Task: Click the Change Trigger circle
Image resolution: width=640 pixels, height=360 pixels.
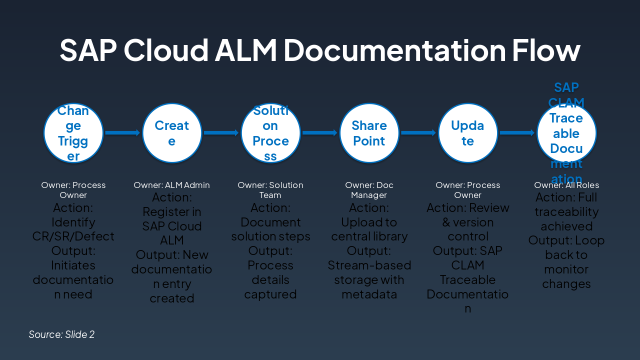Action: pyautogui.click(x=73, y=133)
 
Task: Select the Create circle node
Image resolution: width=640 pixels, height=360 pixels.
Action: pyautogui.click(x=172, y=133)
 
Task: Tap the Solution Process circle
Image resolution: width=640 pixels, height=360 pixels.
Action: pyautogui.click(x=270, y=133)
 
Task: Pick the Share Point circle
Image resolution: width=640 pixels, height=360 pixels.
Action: pyautogui.click(x=369, y=133)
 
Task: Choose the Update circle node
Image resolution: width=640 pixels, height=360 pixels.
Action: pyautogui.click(x=467, y=133)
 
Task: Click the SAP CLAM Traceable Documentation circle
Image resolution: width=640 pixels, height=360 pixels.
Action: pyautogui.click(x=566, y=133)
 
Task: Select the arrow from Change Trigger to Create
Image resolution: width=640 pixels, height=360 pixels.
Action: pyautogui.click(x=122, y=132)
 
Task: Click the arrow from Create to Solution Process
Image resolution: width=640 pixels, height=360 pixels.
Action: pyautogui.click(x=221, y=132)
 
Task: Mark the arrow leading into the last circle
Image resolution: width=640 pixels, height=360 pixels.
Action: pyautogui.click(x=517, y=132)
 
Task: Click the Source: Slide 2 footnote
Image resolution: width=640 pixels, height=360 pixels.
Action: pyautogui.click(x=61, y=334)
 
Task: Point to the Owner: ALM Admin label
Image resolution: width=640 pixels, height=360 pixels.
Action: pyautogui.click(x=171, y=185)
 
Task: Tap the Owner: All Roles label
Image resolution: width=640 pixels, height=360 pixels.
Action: pyautogui.click(x=566, y=185)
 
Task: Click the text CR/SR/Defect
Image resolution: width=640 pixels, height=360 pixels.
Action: pyautogui.click(x=73, y=236)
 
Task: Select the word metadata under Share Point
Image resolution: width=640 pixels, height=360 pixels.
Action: pyautogui.click(x=369, y=294)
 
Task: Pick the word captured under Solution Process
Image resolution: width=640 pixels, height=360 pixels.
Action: pyautogui.click(x=270, y=294)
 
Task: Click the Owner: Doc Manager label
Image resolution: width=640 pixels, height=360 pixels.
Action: pyautogui.click(x=369, y=190)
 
